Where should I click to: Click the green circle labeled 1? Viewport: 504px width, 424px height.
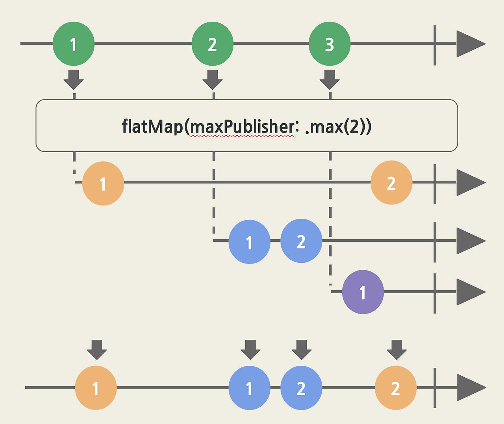[74, 44]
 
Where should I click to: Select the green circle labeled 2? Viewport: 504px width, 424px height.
[212, 44]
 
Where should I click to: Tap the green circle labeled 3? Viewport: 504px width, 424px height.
[330, 44]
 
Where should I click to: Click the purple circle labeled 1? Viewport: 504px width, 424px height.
[363, 292]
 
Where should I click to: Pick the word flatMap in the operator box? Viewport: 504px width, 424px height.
[152, 126]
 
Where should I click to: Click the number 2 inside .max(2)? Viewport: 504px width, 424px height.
[354, 126]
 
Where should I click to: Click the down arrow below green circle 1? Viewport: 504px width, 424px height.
[74, 80]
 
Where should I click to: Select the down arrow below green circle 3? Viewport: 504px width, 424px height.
[330, 80]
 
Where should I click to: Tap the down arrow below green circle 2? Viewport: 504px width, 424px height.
[212, 80]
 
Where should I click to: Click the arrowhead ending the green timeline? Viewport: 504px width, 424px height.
[471, 44]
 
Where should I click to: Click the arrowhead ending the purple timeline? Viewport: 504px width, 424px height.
[471, 292]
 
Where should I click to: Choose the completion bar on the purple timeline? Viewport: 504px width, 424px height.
[435, 293]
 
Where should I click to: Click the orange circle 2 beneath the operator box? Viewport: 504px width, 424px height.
[391, 183]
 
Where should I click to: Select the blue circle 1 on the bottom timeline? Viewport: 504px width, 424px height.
[249, 388]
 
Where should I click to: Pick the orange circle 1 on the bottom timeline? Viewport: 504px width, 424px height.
[96, 388]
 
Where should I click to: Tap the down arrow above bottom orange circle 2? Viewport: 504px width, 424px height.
[397, 350]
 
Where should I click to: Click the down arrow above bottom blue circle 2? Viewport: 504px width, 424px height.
[302, 350]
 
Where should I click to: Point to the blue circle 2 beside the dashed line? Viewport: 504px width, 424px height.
[301, 241]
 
